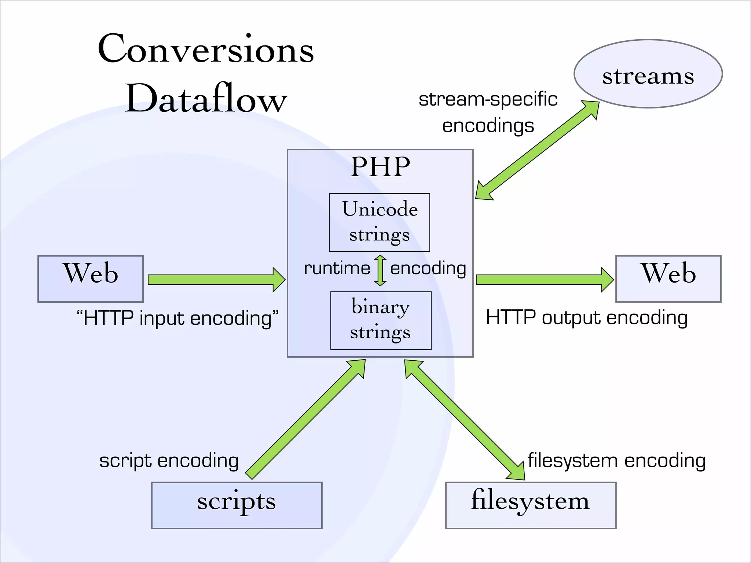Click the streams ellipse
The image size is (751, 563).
[648, 74]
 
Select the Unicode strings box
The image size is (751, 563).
[380, 222]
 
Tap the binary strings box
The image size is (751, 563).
[381, 321]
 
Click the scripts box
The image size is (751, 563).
[237, 505]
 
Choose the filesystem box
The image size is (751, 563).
[531, 505]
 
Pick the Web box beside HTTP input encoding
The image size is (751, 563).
[91, 279]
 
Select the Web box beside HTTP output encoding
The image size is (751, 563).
[668, 279]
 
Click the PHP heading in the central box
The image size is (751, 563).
[380, 167]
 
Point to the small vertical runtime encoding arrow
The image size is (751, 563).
[380, 271]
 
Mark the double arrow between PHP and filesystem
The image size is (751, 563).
[465, 420]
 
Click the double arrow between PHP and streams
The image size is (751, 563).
[537, 150]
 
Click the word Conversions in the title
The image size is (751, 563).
[206, 49]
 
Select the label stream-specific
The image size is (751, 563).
[488, 99]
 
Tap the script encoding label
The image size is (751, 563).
[169, 461]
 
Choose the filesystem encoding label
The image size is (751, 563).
[616, 461]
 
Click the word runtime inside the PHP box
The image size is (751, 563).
[337, 268]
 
